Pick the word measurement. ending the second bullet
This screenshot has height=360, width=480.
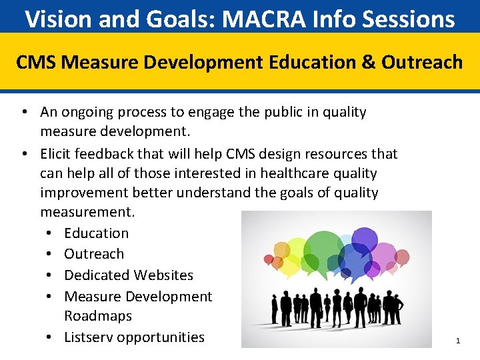[x=87, y=212]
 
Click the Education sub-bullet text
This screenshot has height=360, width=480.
[x=96, y=233]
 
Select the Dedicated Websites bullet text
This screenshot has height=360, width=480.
[x=128, y=275]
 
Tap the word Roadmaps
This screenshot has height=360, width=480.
[x=98, y=316]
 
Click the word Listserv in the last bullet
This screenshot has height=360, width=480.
[x=89, y=337]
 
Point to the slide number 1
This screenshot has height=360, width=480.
[x=458, y=341]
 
